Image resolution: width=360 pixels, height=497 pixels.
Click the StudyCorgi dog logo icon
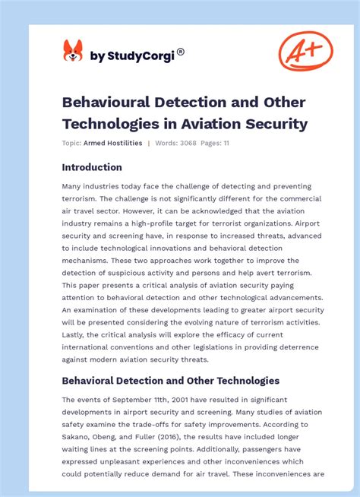click(72, 52)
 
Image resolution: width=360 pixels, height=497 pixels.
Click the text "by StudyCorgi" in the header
click(132, 55)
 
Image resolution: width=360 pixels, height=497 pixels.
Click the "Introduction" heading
click(92, 167)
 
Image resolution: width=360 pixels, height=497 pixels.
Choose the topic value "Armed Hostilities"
click(113, 143)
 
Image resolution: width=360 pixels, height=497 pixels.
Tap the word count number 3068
click(190, 143)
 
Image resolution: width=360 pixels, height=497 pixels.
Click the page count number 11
click(226, 143)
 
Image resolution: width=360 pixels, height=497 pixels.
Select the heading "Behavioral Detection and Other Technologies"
click(171, 380)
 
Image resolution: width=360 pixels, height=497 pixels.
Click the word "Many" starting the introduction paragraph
click(74, 186)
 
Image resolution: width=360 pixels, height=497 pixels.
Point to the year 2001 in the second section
click(169, 400)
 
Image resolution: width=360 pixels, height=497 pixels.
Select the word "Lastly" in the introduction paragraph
click(76, 334)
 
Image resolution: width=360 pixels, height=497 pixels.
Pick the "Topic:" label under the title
click(71, 143)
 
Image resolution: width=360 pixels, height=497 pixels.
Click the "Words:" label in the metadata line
click(166, 143)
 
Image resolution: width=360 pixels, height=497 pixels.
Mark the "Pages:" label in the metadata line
click(212, 143)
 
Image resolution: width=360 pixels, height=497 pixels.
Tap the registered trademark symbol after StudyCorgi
click(181, 52)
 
